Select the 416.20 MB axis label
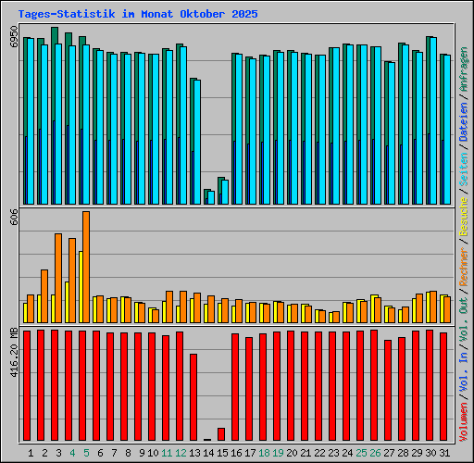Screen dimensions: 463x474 [13, 352]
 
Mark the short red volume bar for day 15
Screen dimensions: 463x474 [221, 433]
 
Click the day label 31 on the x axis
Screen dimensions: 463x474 [443, 453]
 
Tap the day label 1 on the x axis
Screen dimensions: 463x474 [31, 453]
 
